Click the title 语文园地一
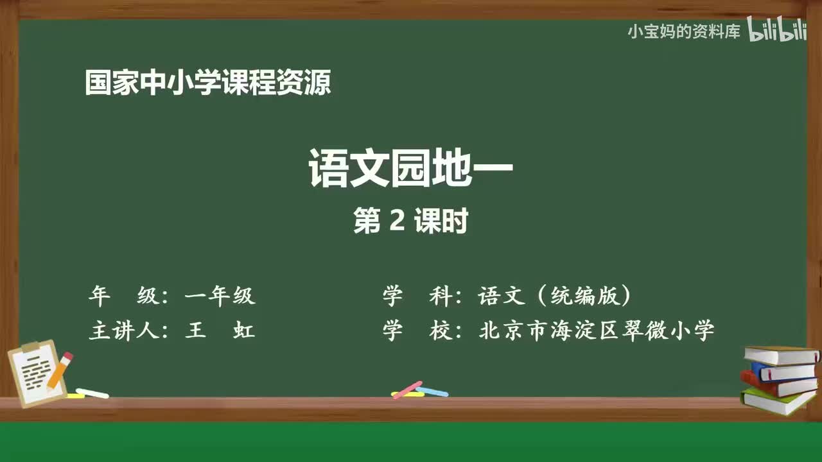pos(411,168)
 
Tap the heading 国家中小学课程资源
pos(208,83)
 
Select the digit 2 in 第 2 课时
pos(397,222)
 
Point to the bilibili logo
pos(777,31)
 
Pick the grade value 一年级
pos(220,296)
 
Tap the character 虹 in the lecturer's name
pos(244,331)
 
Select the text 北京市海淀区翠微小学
pos(597,331)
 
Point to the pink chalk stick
pos(407,389)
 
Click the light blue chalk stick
pos(433,391)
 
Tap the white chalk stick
pos(92,393)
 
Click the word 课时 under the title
pos(441,222)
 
